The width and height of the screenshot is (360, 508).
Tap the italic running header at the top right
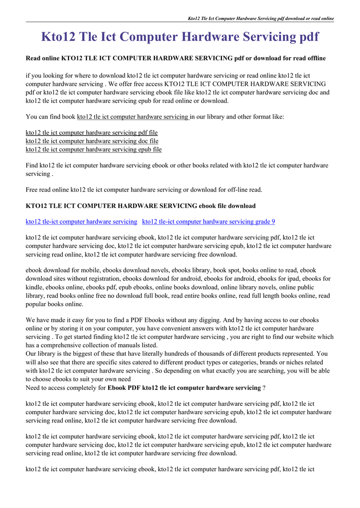click(x=261, y=18)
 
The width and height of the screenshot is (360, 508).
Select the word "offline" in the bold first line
click(x=315, y=59)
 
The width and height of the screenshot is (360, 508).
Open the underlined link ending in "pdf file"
click(x=91, y=133)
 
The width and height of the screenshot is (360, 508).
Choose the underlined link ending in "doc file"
click(x=92, y=141)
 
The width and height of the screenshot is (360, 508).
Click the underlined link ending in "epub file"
click(x=93, y=149)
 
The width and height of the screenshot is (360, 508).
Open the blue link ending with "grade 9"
click(x=209, y=221)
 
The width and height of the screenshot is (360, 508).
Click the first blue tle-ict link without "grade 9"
click(x=81, y=221)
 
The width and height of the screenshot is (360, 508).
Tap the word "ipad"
click(x=291, y=279)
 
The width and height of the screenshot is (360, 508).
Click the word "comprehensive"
click(x=62, y=345)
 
